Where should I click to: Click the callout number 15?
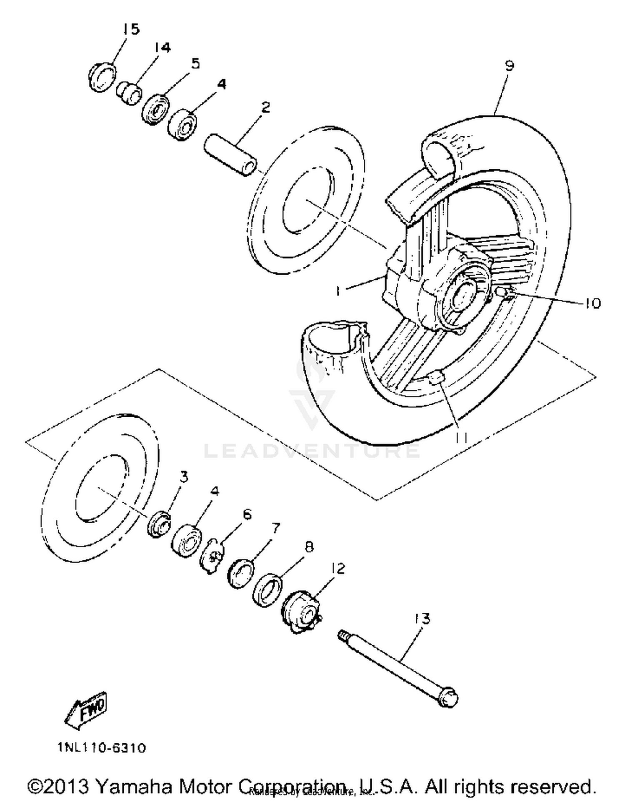[x=131, y=29]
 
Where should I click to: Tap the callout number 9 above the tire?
[x=510, y=65]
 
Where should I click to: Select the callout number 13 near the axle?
[x=422, y=619]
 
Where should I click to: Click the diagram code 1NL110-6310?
[x=102, y=747]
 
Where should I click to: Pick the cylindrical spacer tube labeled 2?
[x=230, y=154]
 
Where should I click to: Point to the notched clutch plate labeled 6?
[x=214, y=556]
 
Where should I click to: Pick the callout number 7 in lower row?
[x=275, y=529]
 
